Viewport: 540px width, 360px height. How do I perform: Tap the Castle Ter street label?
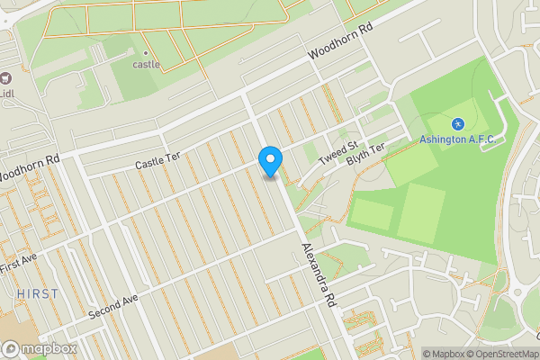click(x=157, y=161)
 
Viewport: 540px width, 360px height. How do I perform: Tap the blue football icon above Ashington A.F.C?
click(x=457, y=122)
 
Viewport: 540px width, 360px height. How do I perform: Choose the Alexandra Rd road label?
click(x=319, y=274)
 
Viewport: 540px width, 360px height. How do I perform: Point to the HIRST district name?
click(x=37, y=294)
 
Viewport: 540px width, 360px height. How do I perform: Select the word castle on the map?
click(x=146, y=64)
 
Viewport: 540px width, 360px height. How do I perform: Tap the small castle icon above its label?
click(x=144, y=50)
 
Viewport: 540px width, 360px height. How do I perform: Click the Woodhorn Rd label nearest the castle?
click(x=339, y=42)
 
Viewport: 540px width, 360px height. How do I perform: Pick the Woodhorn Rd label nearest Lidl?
click(x=29, y=166)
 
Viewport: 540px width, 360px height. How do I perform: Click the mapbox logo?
click(x=40, y=348)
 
